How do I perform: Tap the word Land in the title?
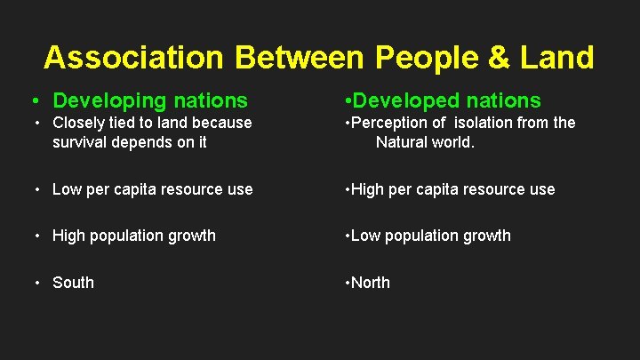click(559, 58)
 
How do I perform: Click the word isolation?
click(479, 123)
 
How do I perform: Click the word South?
click(73, 283)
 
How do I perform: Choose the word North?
click(370, 283)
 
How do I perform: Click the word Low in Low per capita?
click(68, 189)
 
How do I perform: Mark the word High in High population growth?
click(70, 236)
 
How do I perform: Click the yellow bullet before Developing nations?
click(34, 100)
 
